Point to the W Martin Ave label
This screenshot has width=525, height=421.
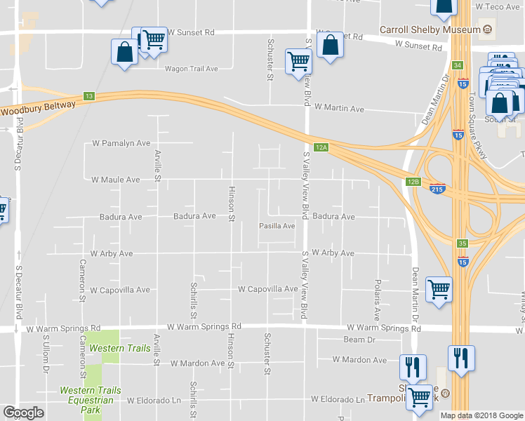tap(339, 109)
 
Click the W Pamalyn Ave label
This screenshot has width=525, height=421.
tap(121, 143)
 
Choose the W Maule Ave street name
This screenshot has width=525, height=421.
tap(115, 180)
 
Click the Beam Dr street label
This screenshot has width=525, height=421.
tap(360, 340)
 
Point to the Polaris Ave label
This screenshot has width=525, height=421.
tap(377, 302)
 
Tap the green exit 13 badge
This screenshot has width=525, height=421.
tap(88, 97)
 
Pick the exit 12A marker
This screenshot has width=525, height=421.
tap(321, 147)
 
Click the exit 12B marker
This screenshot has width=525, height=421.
tap(413, 182)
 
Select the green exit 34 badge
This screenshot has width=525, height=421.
tap(458, 65)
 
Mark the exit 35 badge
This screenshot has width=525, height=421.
tap(461, 243)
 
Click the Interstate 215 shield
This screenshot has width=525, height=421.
tap(437, 189)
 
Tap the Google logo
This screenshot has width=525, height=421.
tap(23, 413)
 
